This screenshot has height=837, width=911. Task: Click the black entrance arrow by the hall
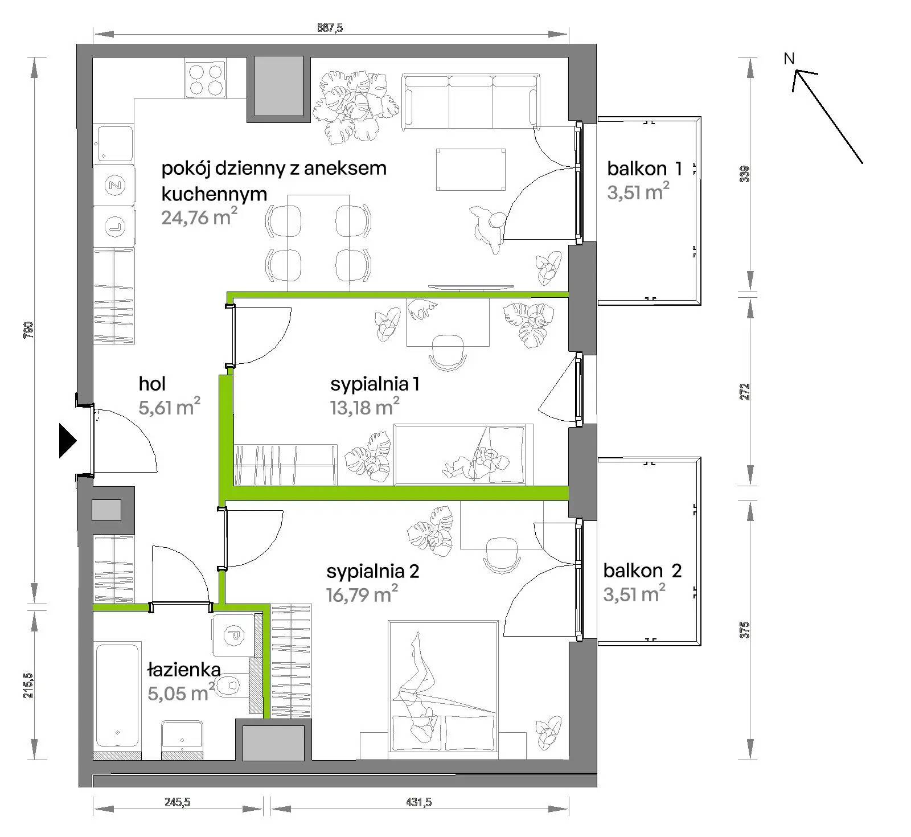click(67, 440)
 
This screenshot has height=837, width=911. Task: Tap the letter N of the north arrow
click(789, 58)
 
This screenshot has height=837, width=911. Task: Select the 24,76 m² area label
click(199, 217)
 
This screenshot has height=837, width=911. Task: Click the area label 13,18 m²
click(364, 407)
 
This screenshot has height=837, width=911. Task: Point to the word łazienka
click(184, 670)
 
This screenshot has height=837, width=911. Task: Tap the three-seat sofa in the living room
click(470, 100)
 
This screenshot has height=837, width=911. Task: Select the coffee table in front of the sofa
click(470, 170)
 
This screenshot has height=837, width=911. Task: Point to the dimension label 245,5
click(177, 802)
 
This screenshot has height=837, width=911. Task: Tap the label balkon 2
click(642, 571)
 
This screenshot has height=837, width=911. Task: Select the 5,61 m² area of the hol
click(170, 407)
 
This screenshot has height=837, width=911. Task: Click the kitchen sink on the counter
click(115, 143)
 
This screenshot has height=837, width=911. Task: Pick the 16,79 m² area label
click(362, 594)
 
